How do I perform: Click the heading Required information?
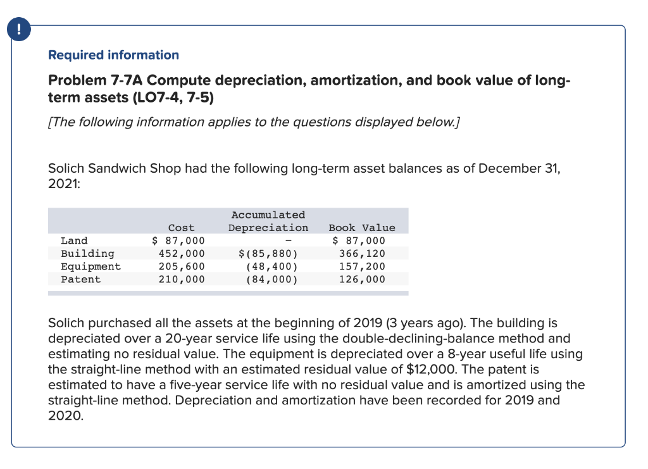113,55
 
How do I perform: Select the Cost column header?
182,228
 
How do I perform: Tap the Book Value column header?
362,228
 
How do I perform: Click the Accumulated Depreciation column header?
268,222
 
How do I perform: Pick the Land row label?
74,241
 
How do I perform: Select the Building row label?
87,254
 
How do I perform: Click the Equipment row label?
90,266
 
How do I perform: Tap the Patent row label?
80,279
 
